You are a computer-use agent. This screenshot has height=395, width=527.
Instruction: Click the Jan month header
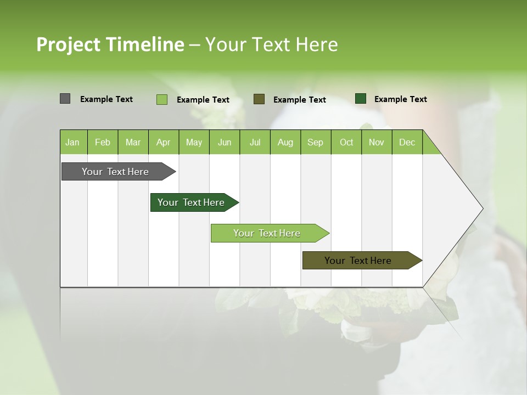click(72, 143)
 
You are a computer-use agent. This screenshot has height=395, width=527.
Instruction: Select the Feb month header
click(103, 143)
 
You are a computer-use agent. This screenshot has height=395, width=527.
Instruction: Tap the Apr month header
click(163, 143)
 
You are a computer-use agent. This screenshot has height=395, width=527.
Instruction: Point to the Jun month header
click(225, 143)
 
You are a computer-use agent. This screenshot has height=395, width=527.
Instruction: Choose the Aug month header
click(285, 143)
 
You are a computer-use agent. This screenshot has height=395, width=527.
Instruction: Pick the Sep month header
click(315, 143)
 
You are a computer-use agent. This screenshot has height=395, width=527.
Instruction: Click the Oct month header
click(346, 143)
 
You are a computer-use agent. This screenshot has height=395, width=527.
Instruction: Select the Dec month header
click(407, 143)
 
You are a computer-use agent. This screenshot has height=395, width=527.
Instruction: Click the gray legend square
click(65, 99)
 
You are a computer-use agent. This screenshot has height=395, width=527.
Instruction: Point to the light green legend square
click(162, 99)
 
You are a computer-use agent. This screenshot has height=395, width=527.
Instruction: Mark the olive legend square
click(259, 99)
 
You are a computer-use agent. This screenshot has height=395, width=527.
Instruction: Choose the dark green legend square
click(361, 99)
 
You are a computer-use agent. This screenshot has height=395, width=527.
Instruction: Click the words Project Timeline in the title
click(110, 44)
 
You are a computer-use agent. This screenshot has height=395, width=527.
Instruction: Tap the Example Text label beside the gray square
click(106, 99)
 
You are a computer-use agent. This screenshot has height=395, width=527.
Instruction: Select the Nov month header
click(377, 143)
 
